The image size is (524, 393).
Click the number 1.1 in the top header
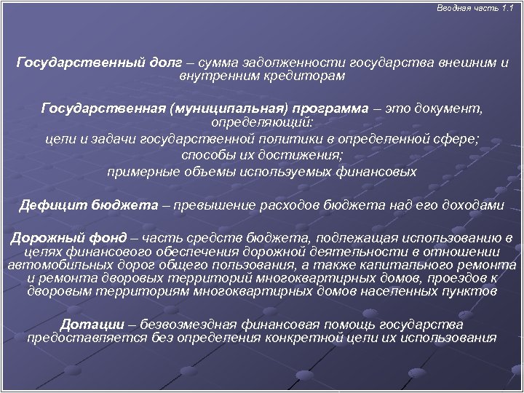[508, 7]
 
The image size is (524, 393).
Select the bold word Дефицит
[51, 205]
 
